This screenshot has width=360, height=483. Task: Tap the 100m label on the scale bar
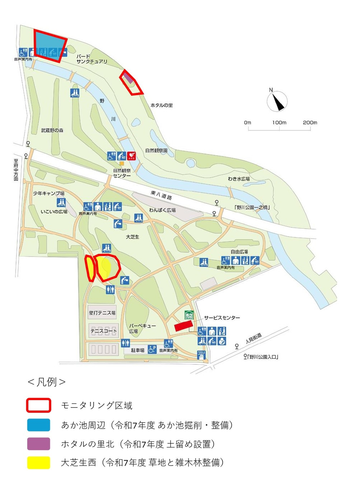pos(279,123)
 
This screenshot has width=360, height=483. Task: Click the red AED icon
pos(132,156)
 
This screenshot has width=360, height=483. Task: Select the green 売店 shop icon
pos(189,315)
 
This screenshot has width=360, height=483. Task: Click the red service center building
pos(183,326)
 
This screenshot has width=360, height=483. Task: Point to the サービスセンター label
pos(222,318)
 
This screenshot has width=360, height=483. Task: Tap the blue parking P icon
pos(152,349)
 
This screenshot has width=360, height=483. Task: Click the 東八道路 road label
pos(161,195)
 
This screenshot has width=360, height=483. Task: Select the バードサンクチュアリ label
pos(92,59)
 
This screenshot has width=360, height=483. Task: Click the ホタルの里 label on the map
pos(162,105)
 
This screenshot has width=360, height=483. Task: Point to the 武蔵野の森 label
pos(52,131)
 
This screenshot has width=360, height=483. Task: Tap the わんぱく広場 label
pos(162,210)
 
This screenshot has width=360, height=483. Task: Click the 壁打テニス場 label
pos(102,313)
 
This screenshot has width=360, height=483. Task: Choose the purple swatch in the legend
pos(38,444)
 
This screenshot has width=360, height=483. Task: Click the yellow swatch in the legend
pos(38,463)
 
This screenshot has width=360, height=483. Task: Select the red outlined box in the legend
pos(38,405)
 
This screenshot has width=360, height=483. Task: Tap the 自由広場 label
pos(239,252)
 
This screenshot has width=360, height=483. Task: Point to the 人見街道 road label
pos(254,338)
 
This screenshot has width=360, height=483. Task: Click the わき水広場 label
pos(239,179)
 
